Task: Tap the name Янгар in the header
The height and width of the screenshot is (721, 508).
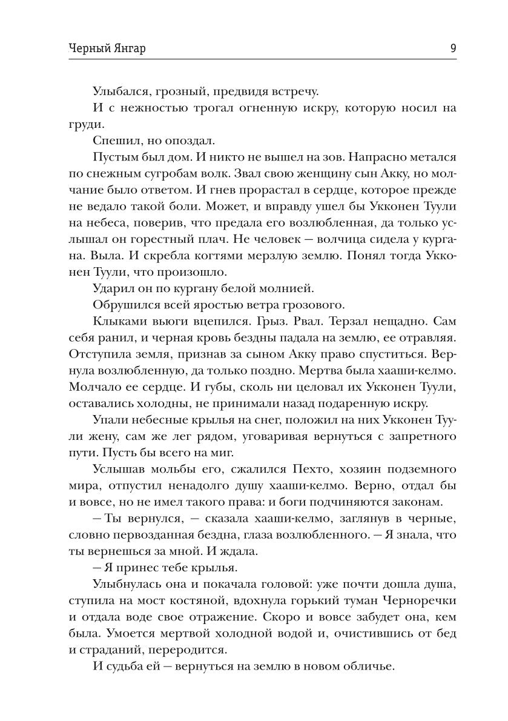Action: (112, 49)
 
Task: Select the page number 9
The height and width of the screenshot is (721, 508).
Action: (453, 49)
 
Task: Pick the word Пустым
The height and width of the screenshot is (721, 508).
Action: (114, 157)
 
